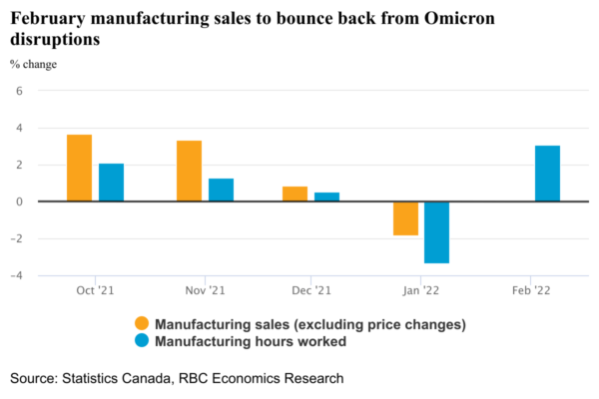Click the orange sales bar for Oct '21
coord(80,168)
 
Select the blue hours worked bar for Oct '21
coord(111,183)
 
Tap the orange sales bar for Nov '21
coord(189,171)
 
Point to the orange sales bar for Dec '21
coord(295,194)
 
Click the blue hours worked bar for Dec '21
coord(326,197)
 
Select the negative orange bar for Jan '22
coord(405,218)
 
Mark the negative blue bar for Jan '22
coord(436,232)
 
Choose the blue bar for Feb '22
coord(547,174)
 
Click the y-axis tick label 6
coord(18,91)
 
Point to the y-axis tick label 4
coord(18,128)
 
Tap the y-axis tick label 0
coord(18,201)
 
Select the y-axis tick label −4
coord(16,275)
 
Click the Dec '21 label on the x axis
coord(310,290)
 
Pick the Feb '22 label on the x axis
coord(530,290)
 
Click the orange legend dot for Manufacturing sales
coord(142,323)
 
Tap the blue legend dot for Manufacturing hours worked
coord(142,341)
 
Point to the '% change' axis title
coord(33,65)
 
